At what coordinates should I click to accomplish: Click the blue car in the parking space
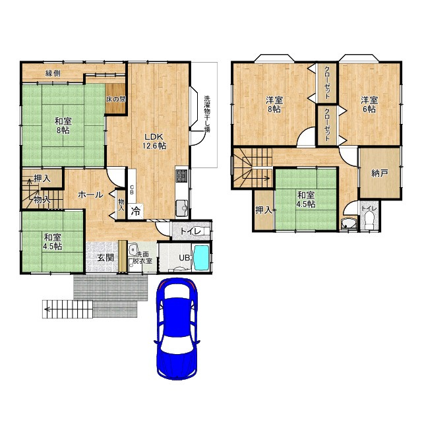(177, 329)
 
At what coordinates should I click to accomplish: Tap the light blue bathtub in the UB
(201, 258)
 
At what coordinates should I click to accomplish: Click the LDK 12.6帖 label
(154, 140)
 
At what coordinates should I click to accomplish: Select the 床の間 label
(116, 100)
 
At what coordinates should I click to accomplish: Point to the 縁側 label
(53, 73)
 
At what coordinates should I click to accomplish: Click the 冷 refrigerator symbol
(135, 211)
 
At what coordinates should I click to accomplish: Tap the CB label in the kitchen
(132, 189)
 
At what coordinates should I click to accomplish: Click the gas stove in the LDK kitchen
(182, 176)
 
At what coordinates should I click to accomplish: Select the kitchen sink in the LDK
(182, 208)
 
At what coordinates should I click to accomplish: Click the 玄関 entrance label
(105, 258)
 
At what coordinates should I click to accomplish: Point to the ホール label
(90, 195)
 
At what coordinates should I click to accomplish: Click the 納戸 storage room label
(380, 173)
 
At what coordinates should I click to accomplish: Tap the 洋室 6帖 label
(369, 105)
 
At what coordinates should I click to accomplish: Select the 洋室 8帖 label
(274, 105)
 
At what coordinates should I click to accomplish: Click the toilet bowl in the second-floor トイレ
(369, 220)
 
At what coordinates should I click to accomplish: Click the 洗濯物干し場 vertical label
(206, 114)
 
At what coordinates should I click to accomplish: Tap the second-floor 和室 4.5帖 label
(306, 199)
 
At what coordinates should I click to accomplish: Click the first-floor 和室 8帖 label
(63, 126)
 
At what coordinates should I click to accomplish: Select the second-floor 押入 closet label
(264, 210)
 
